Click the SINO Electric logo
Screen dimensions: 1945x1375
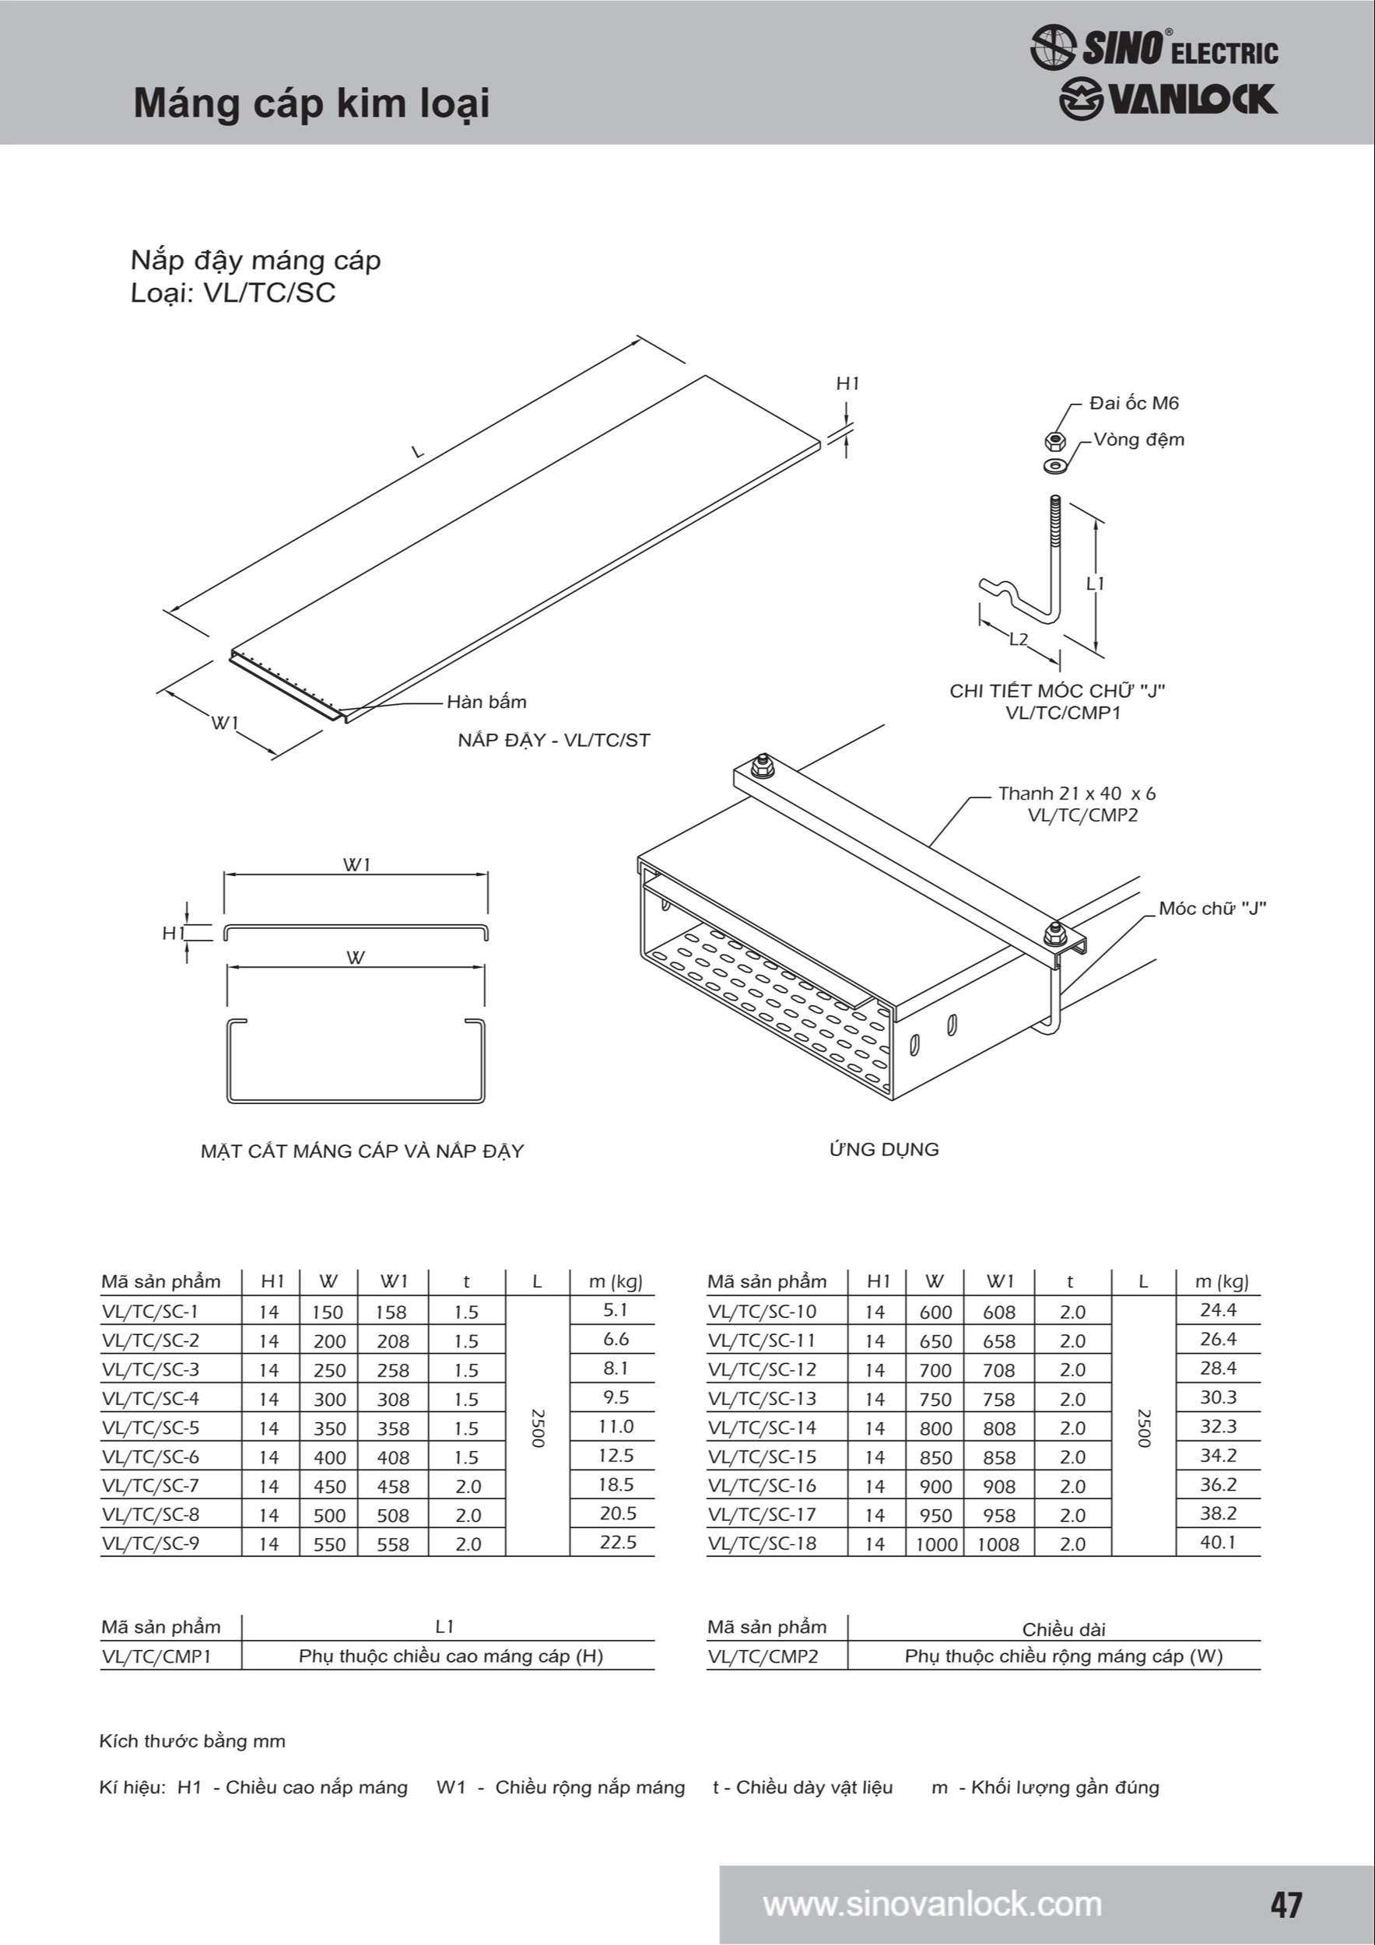1154,47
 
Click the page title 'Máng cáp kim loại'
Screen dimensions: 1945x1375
312,103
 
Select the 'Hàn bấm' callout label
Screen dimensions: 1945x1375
486,702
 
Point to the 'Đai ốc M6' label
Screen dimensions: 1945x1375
1134,403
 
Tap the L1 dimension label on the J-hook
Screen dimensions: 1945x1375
1096,583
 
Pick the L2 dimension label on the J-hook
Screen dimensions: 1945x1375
1019,640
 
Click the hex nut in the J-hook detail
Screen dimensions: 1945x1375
1054,440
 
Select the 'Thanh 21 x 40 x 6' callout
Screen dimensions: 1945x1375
1076,794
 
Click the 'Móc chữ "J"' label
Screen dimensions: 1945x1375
1212,909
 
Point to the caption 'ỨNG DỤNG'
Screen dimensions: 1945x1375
884,1150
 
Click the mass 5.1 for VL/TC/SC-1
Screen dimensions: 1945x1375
615,1310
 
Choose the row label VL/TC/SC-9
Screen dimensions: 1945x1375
151,1544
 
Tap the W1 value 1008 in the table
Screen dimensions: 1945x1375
998,1544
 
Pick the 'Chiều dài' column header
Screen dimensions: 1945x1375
1063,1629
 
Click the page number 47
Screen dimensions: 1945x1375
1286,1905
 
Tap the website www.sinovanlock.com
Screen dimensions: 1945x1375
932,1905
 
